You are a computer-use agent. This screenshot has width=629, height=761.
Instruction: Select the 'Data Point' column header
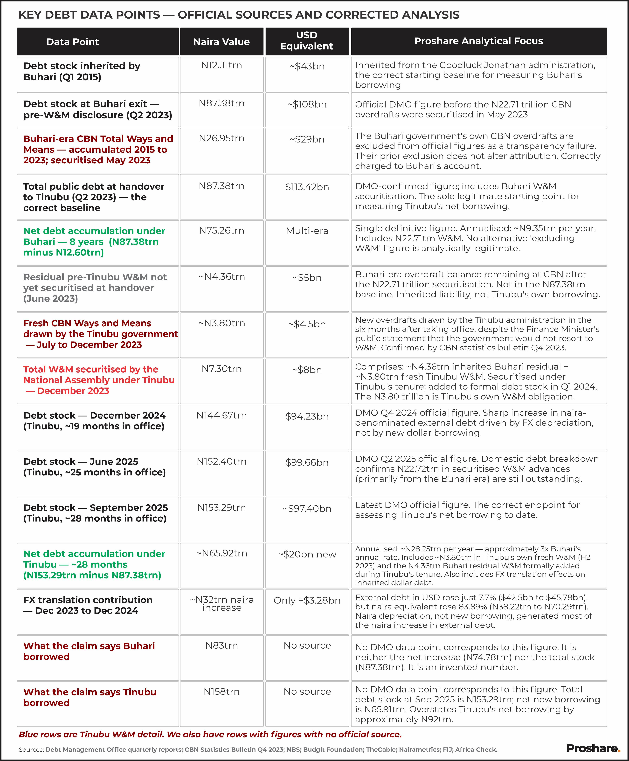72,42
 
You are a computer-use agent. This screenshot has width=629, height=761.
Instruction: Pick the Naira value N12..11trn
221,66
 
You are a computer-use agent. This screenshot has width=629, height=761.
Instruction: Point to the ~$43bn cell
307,66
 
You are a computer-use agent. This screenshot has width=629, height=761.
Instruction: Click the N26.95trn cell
221,138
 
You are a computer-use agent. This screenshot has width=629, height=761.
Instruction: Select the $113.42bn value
307,187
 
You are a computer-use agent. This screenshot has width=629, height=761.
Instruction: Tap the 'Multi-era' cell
307,231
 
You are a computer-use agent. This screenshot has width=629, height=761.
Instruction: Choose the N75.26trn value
221,230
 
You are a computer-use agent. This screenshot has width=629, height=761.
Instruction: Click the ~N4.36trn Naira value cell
221,277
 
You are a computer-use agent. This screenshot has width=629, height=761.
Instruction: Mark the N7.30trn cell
221,369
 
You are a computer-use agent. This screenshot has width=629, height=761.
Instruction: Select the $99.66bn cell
307,462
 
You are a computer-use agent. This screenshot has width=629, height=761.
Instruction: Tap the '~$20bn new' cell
307,554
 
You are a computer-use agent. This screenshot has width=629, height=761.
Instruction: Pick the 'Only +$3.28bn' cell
307,600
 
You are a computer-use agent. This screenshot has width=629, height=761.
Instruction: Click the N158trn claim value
221,692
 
